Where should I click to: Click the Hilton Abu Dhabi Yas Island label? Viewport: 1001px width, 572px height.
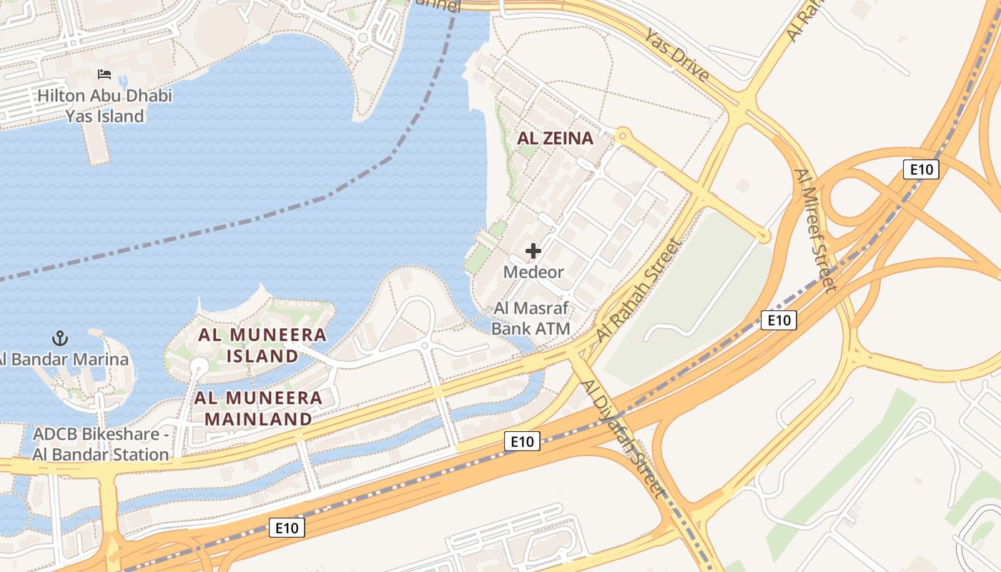click(x=105, y=105)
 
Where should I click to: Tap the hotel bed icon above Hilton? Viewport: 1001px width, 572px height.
click(x=104, y=74)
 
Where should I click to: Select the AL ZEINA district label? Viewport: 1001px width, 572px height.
click(x=555, y=138)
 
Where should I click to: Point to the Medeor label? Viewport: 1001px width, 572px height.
click(x=533, y=272)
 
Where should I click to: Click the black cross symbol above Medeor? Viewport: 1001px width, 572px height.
click(x=533, y=251)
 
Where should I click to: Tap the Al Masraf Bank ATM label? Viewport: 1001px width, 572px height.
click(x=532, y=319)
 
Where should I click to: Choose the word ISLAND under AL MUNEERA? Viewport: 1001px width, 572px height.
click(x=263, y=355)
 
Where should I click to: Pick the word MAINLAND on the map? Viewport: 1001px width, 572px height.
click(x=259, y=419)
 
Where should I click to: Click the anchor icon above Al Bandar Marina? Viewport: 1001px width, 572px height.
click(x=60, y=337)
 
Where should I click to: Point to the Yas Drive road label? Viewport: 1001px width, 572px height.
click(x=676, y=55)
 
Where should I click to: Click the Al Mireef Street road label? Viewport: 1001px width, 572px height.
click(x=815, y=230)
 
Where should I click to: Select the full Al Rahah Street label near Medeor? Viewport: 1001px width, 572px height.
click(x=639, y=290)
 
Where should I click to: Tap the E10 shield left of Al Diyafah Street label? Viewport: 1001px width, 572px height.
click(x=522, y=441)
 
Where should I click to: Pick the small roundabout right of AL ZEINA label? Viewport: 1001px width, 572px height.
click(x=622, y=134)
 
